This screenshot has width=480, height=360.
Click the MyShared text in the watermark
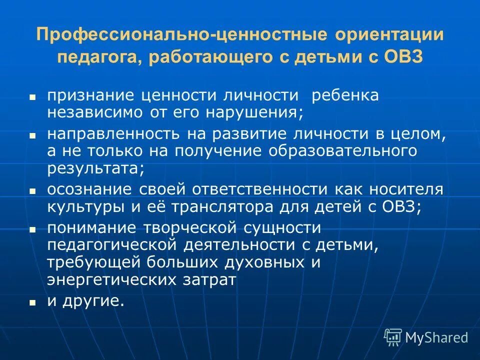pos(436,337)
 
